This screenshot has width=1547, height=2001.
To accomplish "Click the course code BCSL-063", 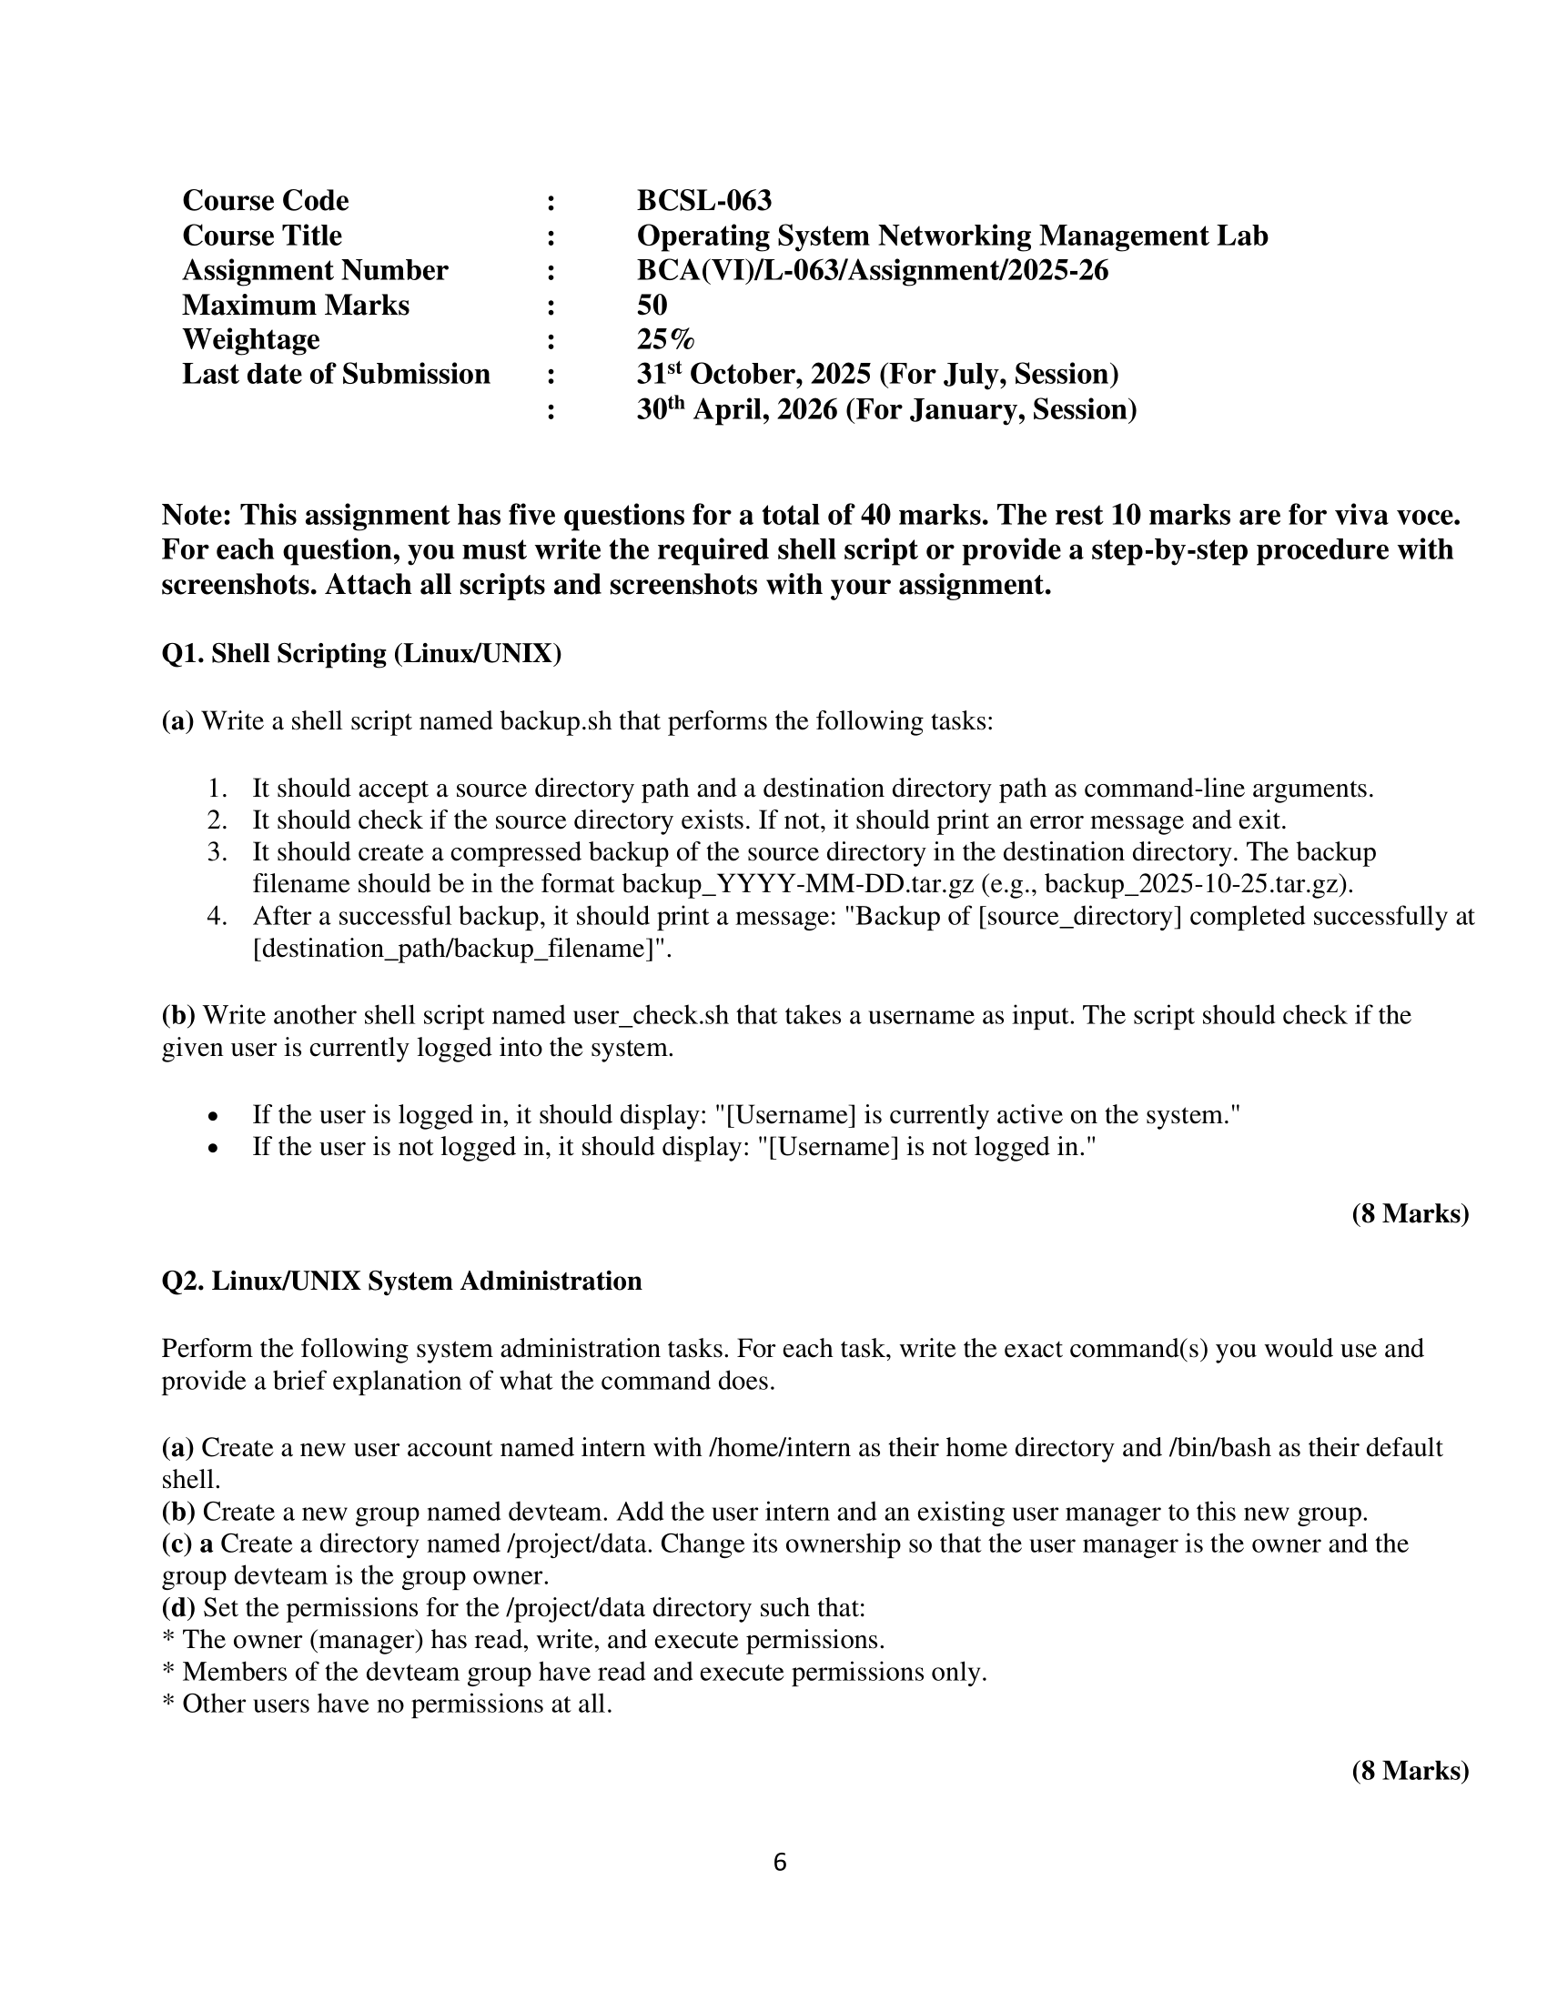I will tap(703, 201).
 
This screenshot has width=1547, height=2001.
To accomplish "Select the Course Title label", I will tap(262, 236).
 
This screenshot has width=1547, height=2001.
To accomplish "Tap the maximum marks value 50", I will tap(652, 305).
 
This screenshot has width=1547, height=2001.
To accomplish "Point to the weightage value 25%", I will tap(665, 340).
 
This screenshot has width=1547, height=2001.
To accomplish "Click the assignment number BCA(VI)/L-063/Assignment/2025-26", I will tap(873, 270).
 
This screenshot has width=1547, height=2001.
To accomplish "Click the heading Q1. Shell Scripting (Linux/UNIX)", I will tap(361, 654).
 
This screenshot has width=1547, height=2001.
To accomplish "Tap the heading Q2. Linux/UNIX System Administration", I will tap(401, 1281).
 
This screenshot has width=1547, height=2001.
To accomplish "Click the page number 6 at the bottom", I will tap(780, 1863).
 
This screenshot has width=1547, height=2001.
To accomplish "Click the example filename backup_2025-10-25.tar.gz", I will tap(1195, 885).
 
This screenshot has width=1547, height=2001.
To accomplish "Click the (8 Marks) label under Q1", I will tap(1410, 1214).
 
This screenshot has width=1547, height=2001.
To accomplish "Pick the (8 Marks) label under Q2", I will tap(1410, 1771).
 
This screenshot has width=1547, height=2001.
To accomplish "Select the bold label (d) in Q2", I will tap(177, 1608).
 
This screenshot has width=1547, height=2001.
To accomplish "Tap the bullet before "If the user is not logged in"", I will tap(213, 1149).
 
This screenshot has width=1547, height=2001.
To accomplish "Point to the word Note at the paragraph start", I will tap(196, 516).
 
